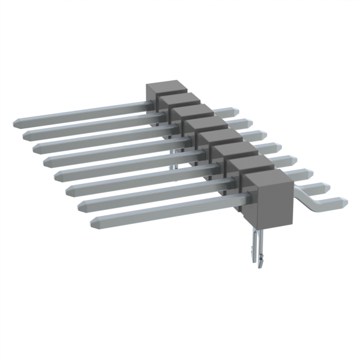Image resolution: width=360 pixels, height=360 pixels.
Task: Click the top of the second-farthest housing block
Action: point(179,99)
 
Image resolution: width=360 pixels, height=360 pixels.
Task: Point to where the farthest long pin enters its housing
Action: point(147,102)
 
